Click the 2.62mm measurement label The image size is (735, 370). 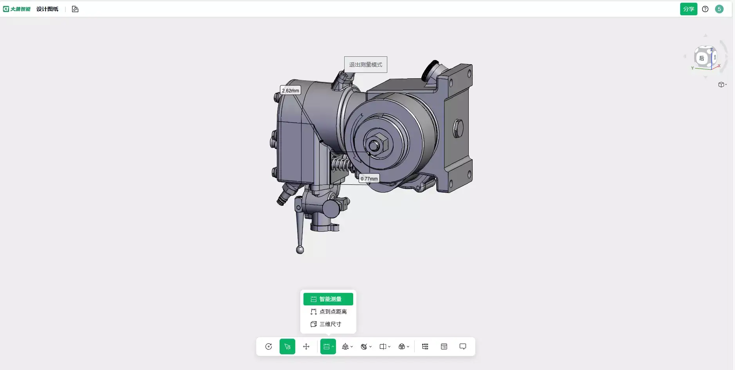click(x=290, y=90)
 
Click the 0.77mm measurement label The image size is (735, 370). click(x=369, y=179)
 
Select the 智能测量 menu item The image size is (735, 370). click(x=328, y=299)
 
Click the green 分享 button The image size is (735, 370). click(x=688, y=9)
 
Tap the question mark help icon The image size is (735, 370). click(x=705, y=9)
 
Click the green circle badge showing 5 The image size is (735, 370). click(x=719, y=9)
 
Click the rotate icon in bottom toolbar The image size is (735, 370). click(x=269, y=347)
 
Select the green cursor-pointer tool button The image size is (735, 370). click(x=287, y=347)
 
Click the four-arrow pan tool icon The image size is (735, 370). click(x=306, y=347)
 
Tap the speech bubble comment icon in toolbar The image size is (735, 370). click(x=463, y=347)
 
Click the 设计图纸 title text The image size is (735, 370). click(x=47, y=9)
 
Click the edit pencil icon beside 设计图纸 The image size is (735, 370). click(x=75, y=9)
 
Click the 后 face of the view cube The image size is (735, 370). click(x=702, y=58)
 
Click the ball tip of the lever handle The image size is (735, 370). click(x=300, y=250)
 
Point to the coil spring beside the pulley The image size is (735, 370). click(x=340, y=163)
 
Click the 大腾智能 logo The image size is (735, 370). click(x=17, y=9)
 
